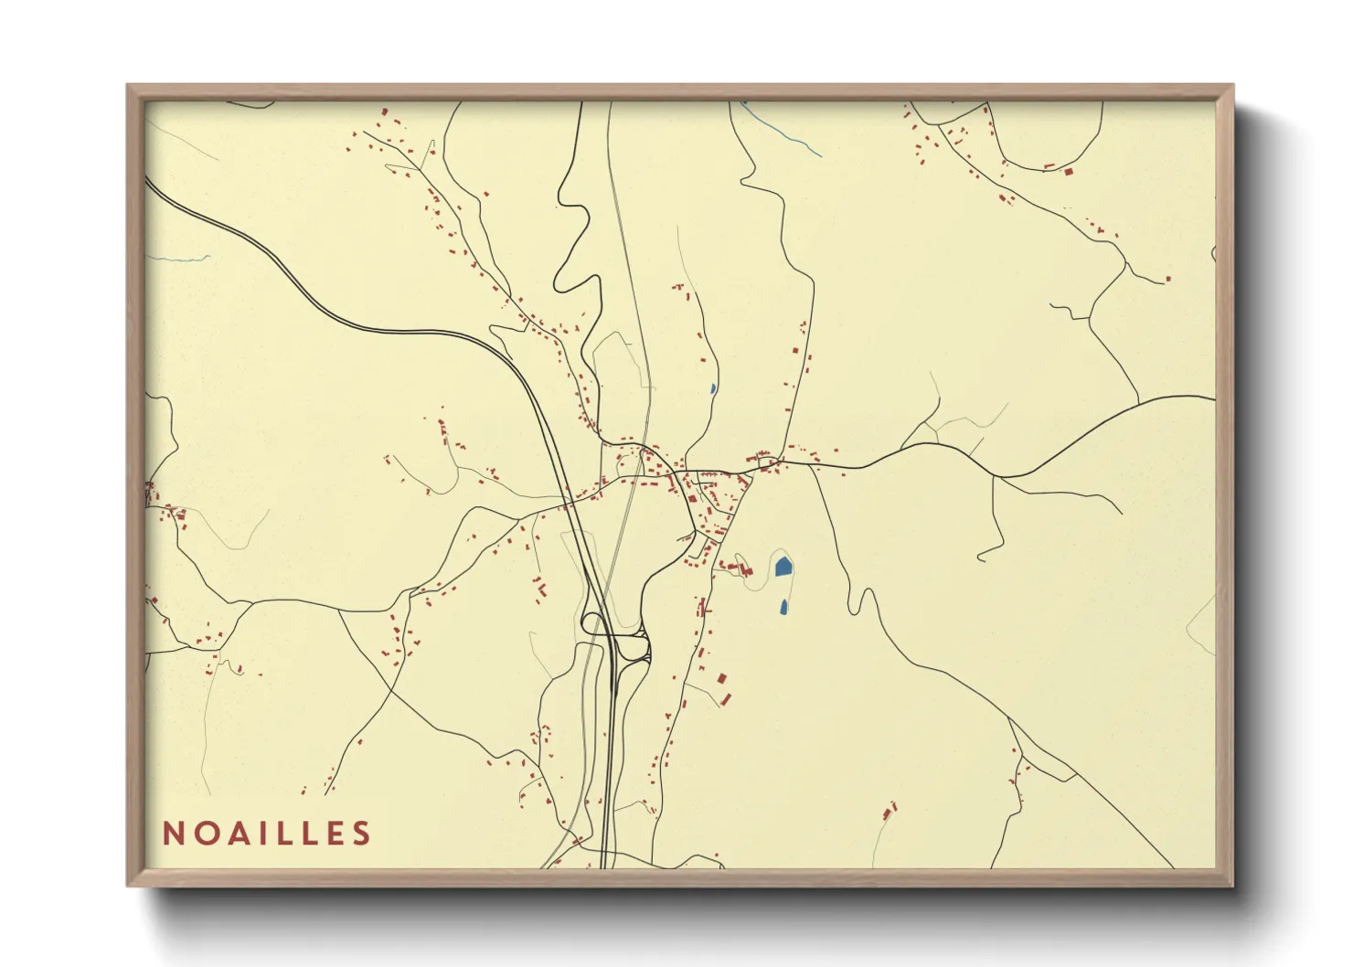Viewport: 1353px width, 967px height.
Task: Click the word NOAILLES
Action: (267, 834)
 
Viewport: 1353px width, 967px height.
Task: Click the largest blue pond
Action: (783, 567)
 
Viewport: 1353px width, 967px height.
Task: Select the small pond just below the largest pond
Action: (783, 606)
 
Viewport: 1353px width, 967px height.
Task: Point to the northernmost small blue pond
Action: (712, 388)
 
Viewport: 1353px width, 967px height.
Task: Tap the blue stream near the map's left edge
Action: (178, 260)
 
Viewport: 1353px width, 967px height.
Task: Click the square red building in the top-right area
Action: (1067, 170)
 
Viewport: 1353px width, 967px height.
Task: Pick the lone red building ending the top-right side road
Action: (1167, 279)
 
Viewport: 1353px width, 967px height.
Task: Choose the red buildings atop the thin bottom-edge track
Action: (890, 809)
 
